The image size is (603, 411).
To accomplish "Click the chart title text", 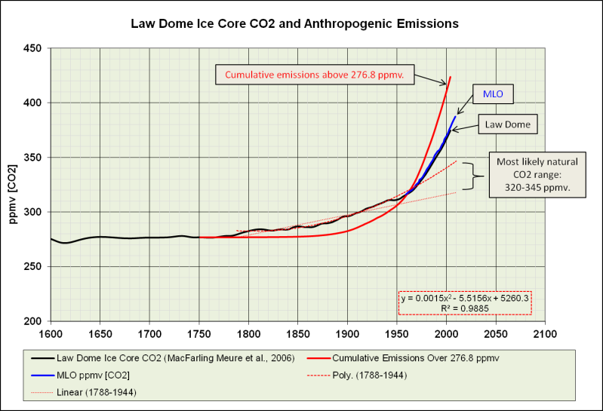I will click(301, 23).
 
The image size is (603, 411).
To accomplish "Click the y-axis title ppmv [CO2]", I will click(13, 184).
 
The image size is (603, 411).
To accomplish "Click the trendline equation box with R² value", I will click(466, 302).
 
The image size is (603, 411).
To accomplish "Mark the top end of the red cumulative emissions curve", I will click(451, 77).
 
